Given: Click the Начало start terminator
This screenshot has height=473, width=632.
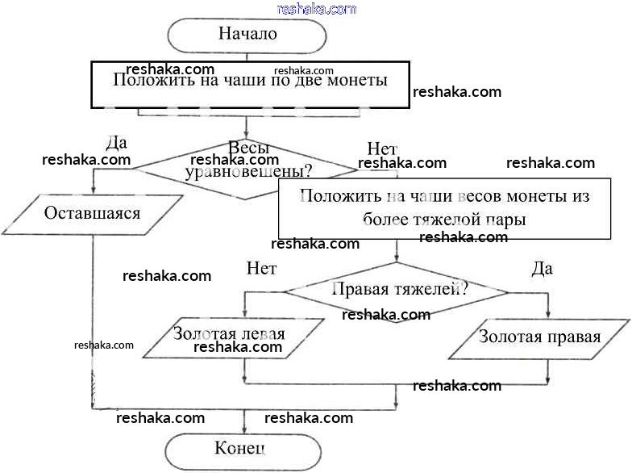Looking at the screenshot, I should click(247, 35).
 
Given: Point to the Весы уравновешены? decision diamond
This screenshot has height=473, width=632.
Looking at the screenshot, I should click(247, 168).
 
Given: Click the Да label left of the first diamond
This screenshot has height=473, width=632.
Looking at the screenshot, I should click(116, 143).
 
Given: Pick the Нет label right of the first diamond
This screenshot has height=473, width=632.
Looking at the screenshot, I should click(381, 149).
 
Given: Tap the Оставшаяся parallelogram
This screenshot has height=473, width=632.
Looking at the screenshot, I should click(92, 214).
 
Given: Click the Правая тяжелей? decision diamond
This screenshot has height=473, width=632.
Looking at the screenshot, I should click(397, 290).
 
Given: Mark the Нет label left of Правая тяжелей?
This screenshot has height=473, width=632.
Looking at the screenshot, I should click(261, 268).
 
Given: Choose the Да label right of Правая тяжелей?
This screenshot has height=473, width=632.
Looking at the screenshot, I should click(542, 269).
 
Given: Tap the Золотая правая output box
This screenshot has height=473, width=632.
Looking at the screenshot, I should click(539, 337).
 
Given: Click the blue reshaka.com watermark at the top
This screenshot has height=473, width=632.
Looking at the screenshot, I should click(316, 9).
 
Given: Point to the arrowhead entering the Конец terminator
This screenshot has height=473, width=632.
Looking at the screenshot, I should click(244, 431).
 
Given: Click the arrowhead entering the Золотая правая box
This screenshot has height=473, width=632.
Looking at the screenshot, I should click(549, 316).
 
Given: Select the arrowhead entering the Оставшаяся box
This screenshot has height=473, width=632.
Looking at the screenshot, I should click(93, 192).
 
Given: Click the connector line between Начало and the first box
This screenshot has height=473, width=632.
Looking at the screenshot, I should click(247, 57).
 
